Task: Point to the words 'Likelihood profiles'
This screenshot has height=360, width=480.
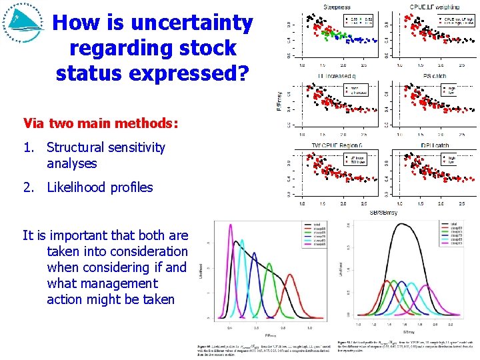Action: pos(100,187)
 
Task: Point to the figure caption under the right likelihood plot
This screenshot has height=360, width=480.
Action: pos(407,347)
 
